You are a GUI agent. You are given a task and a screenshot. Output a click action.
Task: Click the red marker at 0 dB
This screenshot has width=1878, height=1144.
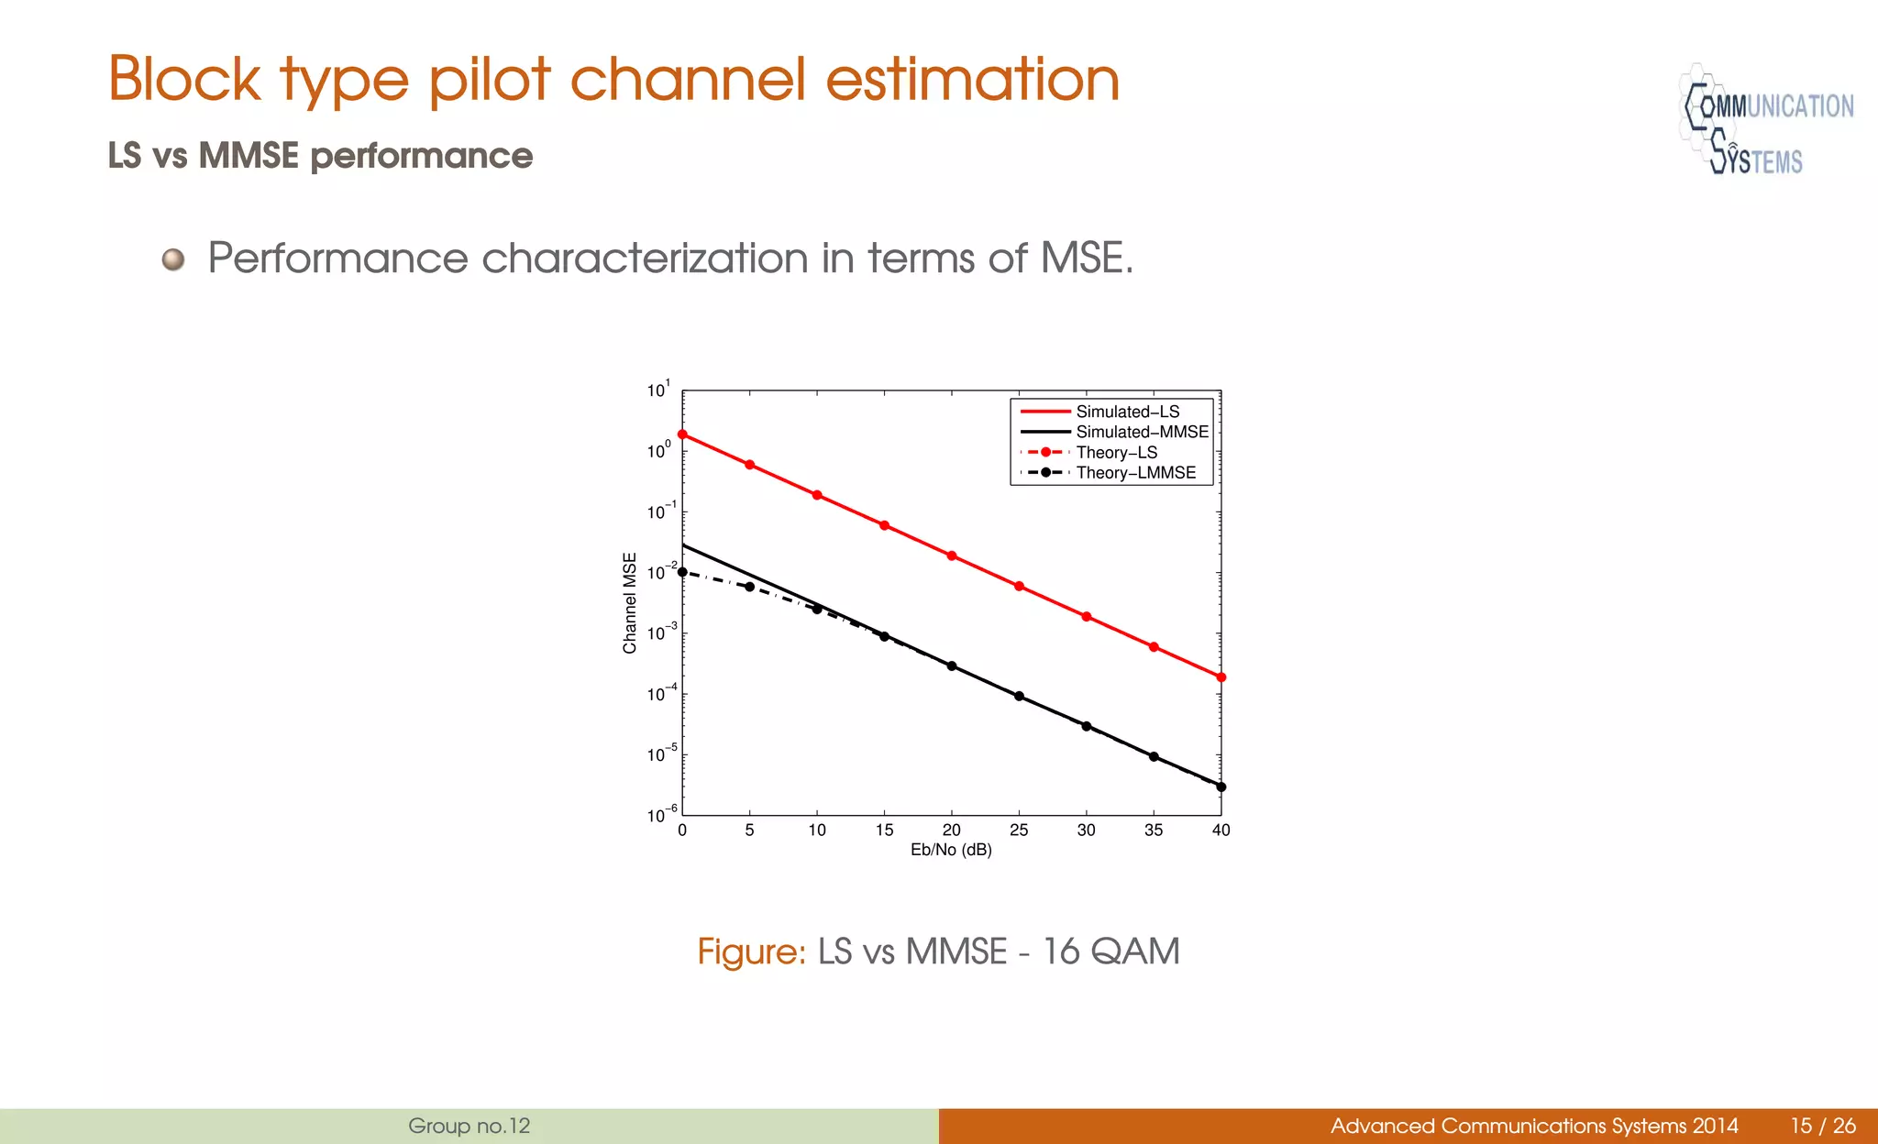(682, 434)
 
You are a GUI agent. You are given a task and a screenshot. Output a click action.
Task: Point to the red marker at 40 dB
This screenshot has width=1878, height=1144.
(1221, 677)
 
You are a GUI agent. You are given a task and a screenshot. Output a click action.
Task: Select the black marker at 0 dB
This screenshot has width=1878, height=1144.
(682, 572)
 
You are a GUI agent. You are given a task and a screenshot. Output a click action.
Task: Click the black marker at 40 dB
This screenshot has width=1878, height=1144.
(1221, 786)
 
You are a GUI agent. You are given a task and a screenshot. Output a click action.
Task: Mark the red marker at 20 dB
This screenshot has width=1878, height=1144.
(952, 556)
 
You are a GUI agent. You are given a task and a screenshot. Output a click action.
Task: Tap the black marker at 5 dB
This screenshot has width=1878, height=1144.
(750, 587)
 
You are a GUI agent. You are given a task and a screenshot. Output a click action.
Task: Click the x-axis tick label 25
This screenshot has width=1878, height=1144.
(1019, 830)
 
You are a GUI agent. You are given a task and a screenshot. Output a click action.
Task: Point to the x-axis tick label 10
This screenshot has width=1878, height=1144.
(817, 830)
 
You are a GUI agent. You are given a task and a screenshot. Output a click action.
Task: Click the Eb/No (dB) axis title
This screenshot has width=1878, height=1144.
(951, 851)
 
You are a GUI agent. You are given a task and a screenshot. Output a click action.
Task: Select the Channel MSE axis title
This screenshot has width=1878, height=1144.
(630, 603)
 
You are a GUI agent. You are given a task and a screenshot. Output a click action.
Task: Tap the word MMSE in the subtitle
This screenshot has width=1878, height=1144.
(249, 156)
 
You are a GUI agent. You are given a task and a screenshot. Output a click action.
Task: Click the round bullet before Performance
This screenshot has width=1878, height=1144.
(173, 259)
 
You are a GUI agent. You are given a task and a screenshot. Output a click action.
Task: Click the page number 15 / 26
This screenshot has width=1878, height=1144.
(1823, 1126)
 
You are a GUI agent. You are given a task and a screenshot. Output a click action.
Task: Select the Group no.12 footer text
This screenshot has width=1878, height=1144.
(469, 1126)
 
